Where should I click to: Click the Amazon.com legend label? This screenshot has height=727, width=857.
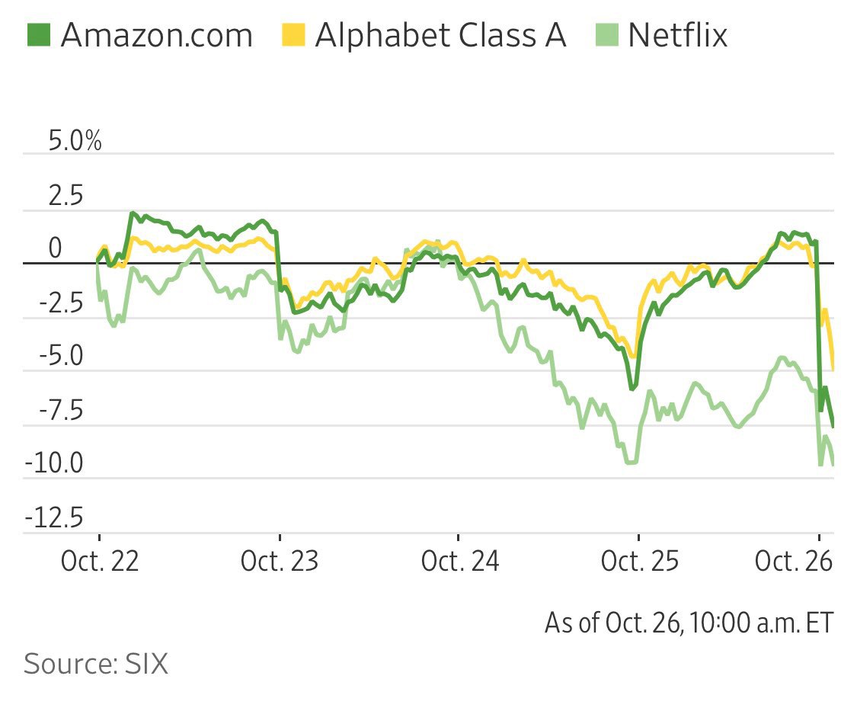coord(156,35)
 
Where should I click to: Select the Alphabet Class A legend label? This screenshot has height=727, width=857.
coord(440,35)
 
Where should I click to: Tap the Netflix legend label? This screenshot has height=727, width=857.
coord(677,35)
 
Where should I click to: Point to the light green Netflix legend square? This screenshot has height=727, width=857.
coord(606,34)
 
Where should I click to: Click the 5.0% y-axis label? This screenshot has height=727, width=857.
coord(75,141)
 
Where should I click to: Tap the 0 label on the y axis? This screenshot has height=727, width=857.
coord(54,248)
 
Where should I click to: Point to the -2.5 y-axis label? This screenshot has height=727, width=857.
coord(61,303)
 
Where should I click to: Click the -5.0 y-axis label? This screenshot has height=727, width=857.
coord(61,357)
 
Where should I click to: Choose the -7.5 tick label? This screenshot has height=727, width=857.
coord(61,410)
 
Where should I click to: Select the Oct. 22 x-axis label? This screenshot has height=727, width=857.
coord(100,562)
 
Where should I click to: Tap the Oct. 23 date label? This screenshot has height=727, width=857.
coord(280,562)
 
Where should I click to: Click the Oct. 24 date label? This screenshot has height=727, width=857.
coord(459,562)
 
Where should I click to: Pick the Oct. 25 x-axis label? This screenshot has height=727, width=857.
coord(639,562)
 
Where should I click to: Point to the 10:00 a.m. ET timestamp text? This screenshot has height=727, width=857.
coord(763,623)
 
